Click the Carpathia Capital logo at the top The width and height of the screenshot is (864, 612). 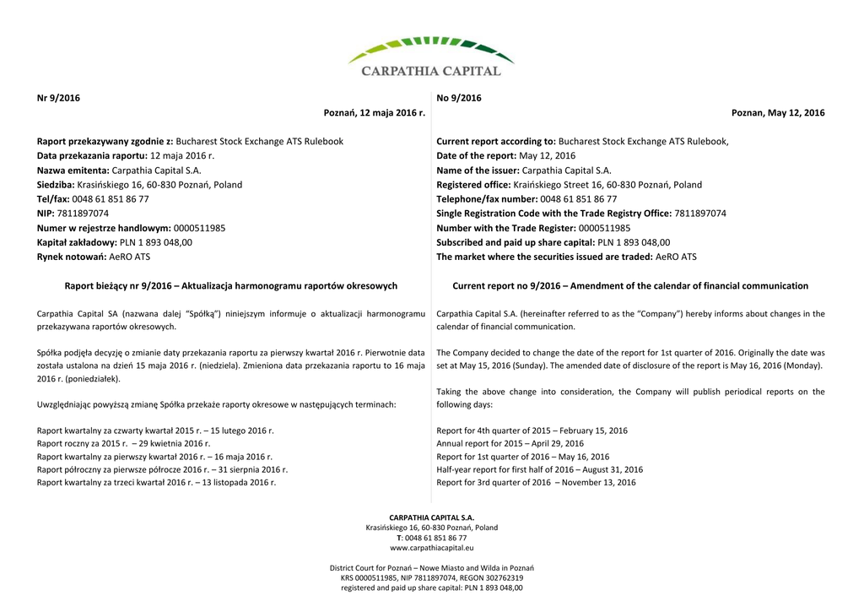[x=431, y=57]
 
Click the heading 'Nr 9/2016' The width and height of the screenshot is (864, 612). [x=58, y=98]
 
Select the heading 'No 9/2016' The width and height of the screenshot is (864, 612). [x=459, y=98]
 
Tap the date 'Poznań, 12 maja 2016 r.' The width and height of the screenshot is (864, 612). [x=374, y=113]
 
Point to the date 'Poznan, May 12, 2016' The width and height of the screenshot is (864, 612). [x=778, y=113]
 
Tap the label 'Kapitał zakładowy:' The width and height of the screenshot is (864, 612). [x=77, y=242]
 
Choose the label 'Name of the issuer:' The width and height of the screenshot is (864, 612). [x=478, y=171]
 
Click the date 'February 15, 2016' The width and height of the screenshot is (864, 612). [x=592, y=431]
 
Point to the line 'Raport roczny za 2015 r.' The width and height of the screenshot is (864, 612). [x=84, y=443]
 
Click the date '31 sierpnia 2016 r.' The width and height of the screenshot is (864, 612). [x=253, y=469]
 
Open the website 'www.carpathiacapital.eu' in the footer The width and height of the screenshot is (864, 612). [x=431, y=548]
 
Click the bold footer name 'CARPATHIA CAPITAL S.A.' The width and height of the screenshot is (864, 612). [x=431, y=517]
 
